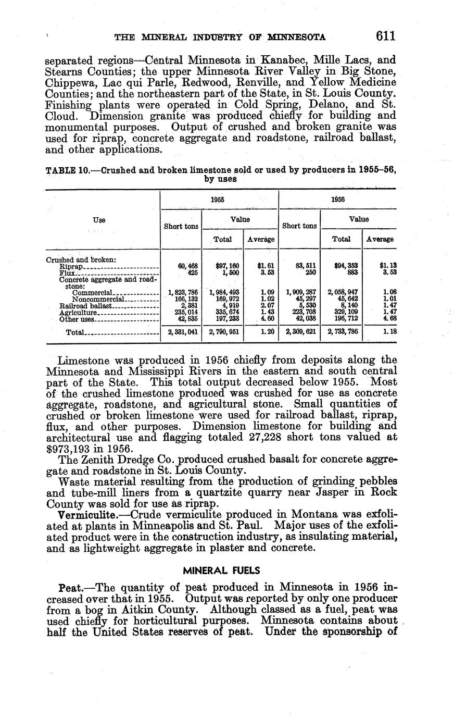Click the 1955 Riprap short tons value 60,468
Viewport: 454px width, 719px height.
[187, 266]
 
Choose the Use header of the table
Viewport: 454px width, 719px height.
[99, 220]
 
